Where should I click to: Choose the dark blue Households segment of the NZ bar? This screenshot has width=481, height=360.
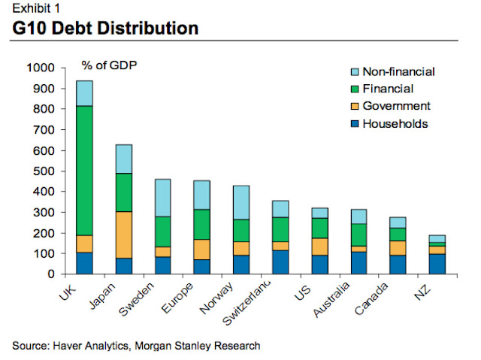click(437, 264)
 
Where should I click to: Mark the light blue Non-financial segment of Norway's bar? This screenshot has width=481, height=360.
click(240, 202)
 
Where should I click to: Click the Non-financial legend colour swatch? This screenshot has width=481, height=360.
click(351, 72)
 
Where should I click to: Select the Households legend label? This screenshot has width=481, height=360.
click(395, 123)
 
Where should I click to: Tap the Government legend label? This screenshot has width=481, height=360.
click(396, 106)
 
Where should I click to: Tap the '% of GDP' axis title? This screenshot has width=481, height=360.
click(110, 64)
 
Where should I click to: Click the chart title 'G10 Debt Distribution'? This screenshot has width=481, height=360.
click(106, 29)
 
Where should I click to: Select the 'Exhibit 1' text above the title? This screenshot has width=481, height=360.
click(37, 8)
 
